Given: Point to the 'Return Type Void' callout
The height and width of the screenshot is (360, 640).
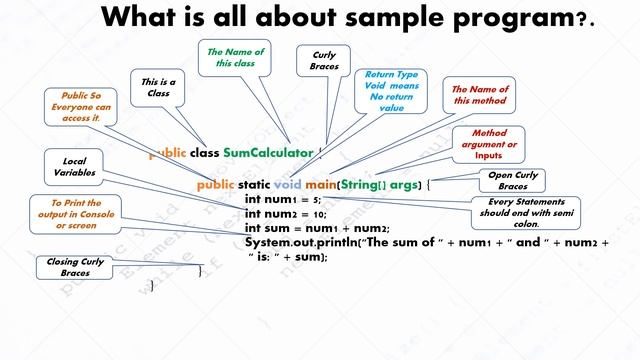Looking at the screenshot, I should click(391, 92).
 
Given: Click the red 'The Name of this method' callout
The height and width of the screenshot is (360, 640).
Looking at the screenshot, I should click(480, 96).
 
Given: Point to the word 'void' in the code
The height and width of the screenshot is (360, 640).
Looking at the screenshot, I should click(287, 185).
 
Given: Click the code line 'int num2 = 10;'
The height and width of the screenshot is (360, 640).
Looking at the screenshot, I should click(285, 213).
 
